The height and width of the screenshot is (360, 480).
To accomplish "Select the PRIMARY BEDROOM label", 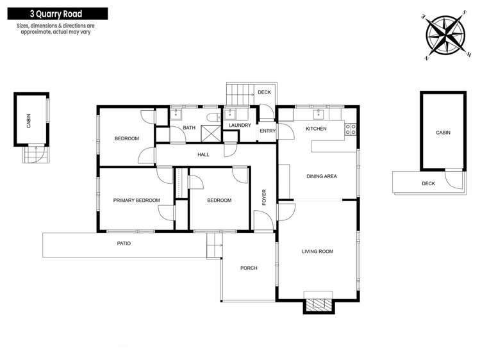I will coord(136,200).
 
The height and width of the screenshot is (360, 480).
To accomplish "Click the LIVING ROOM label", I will coord(317,251).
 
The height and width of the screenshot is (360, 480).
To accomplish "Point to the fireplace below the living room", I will coord(319,305).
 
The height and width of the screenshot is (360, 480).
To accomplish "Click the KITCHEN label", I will coord(316,129).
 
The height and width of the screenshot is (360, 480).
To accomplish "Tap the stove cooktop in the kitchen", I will coord(351,129).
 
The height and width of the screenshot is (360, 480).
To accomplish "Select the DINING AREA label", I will coord(322,176).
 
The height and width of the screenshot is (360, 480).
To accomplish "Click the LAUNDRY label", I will coord(240,125).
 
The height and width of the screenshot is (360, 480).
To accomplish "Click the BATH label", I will coord(189,127).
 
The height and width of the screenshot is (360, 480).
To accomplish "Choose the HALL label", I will coord(203,154).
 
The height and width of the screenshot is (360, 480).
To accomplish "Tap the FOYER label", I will coord(263,197).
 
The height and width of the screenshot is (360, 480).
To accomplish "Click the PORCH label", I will coord(248,268).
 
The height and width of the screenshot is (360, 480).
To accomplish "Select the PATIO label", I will coord(124,243).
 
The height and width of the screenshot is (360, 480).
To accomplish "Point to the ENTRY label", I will coord(267,131).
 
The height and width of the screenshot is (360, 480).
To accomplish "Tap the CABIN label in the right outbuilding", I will coord(443,133).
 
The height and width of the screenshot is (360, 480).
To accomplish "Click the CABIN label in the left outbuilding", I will coord(29,121).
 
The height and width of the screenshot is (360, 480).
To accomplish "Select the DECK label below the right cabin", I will coord(428,183).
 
